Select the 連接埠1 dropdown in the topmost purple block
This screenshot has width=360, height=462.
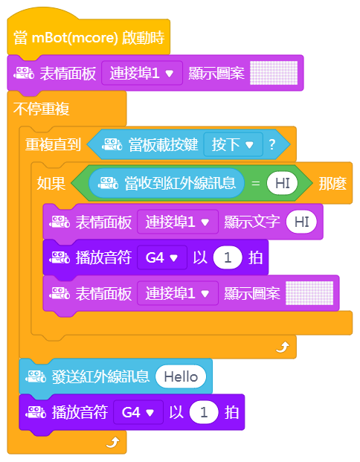click(142, 73)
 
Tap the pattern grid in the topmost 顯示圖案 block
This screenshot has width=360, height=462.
click(274, 73)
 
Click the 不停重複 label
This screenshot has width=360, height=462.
click(41, 109)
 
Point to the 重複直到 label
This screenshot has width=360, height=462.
click(53, 144)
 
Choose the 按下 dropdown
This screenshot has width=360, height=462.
click(233, 144)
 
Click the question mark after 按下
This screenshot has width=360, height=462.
click(272, 144)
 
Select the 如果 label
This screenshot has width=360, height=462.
click(51, 183)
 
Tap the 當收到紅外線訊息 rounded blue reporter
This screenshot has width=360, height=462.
click(167, 183)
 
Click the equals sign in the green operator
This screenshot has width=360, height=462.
click(255, 183)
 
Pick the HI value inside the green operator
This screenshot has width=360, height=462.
click(282, 183)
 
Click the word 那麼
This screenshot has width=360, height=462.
click(332, 183)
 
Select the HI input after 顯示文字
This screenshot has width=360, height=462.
click(301, 222)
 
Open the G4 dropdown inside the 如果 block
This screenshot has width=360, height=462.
click(161, 257)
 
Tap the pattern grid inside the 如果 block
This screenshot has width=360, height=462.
click(309, 293)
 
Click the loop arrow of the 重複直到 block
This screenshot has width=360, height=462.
click(283, 347)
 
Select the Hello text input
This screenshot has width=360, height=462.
click(181, 376)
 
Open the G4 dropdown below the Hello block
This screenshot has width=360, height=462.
click(138, 412)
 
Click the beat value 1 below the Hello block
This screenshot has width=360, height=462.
click(204, 412)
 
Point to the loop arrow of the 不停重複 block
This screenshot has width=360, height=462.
click(112, 442)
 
